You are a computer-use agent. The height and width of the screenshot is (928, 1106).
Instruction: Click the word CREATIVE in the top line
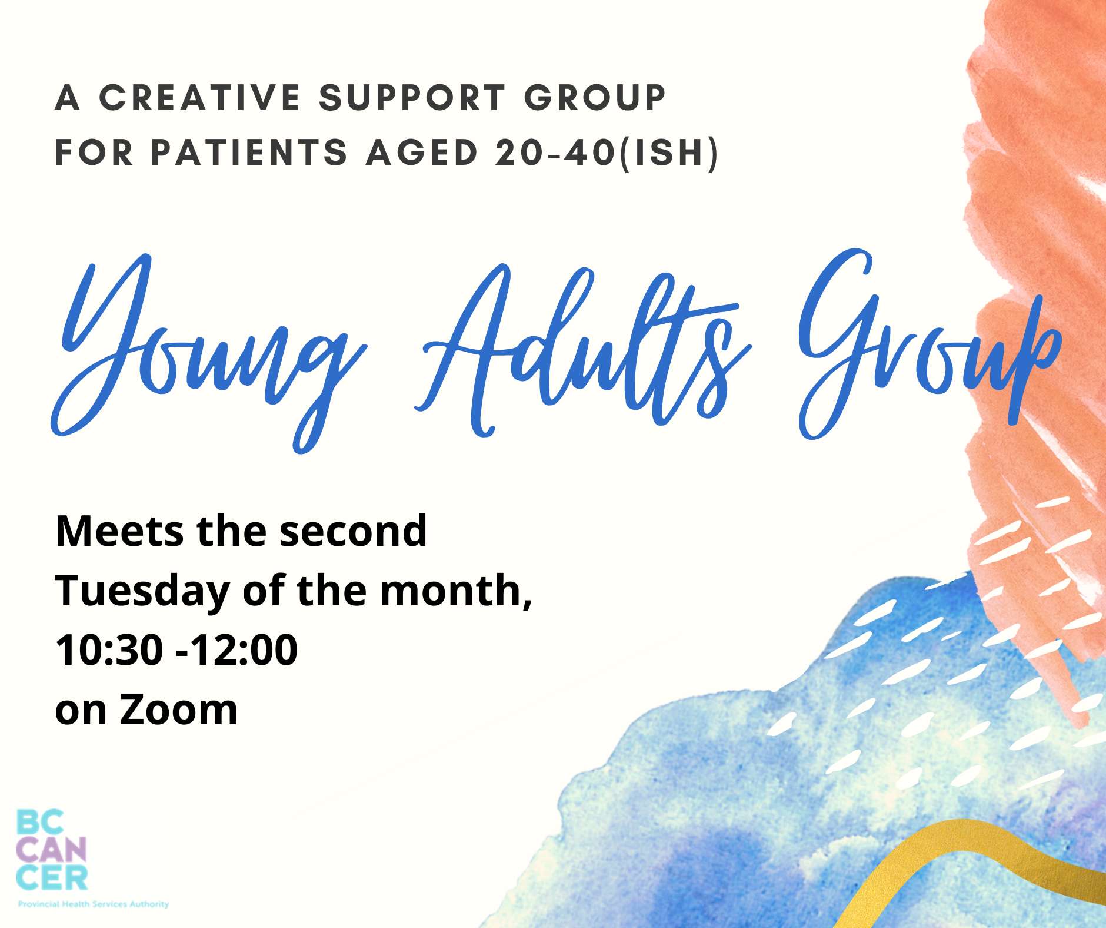pyautogui.click(x=200, y=97)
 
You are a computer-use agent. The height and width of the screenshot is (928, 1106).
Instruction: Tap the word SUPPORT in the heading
pyautogui.click(x=412, y=97)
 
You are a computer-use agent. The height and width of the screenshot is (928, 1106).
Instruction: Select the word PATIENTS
pyautogui.click(x=249, y=153)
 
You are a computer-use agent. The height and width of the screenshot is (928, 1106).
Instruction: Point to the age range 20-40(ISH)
pyautogui.click(x=607, y=153)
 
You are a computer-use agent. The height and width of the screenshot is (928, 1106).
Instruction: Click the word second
pyautogui.click(x=353, y=531)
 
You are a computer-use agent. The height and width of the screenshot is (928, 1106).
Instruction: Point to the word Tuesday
pyautogui.click(x=142, y=592)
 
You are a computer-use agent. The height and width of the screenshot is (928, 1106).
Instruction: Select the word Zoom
pyautogui.click(x=179, y=710)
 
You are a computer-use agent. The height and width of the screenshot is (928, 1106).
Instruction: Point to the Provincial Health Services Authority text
pyautogui.click(x=93, y=903)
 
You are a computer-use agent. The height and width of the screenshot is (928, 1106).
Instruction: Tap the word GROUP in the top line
pyautogui.click(x=595, y=97)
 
